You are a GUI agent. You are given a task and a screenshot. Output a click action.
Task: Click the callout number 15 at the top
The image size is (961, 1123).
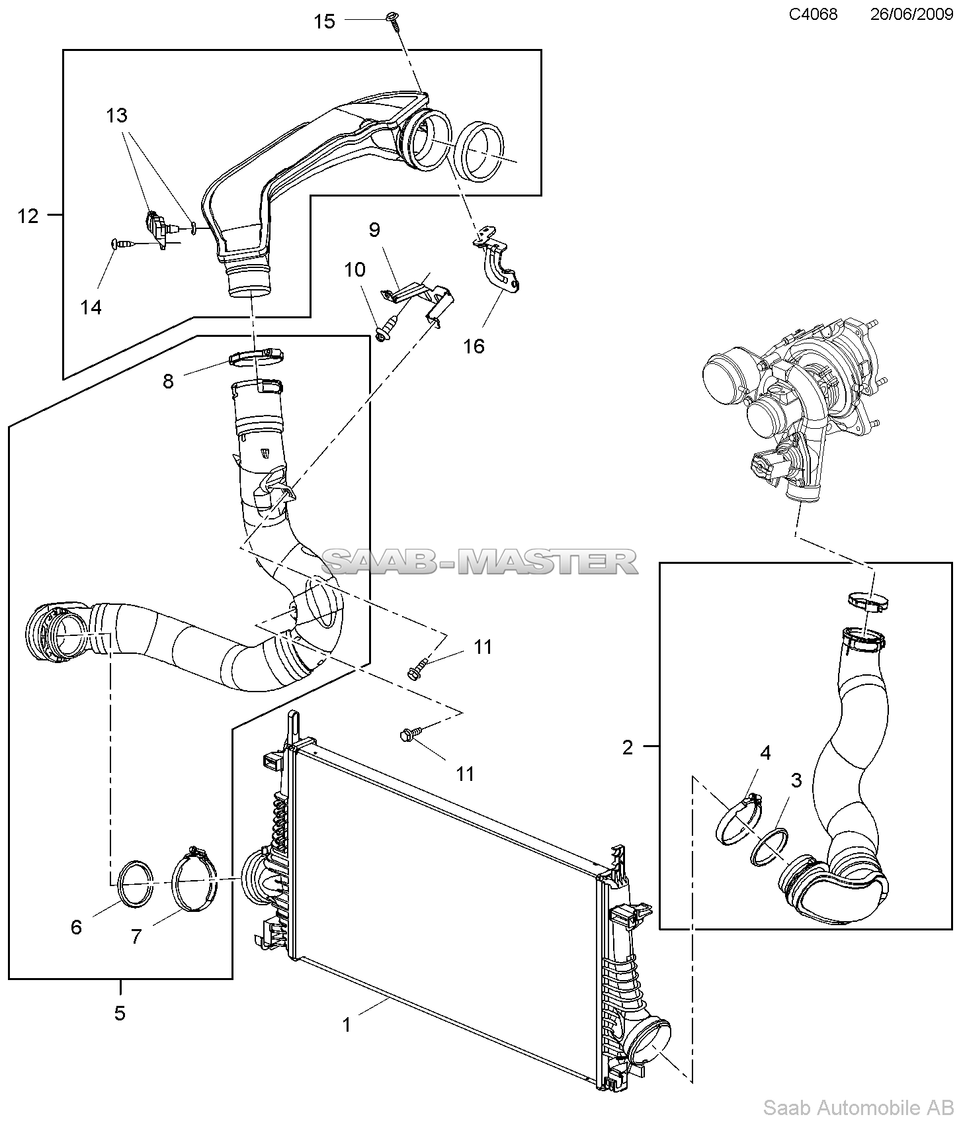[324, 22]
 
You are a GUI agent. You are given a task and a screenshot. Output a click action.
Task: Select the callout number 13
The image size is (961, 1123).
[116, 116]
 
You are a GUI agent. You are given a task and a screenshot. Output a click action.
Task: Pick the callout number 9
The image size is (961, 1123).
[374, 230]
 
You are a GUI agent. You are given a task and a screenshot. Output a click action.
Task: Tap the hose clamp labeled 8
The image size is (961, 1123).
[257, 358]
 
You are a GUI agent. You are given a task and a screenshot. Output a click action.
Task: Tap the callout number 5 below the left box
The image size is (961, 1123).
[120, 1013]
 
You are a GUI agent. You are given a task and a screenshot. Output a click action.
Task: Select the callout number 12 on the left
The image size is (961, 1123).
[28, 216]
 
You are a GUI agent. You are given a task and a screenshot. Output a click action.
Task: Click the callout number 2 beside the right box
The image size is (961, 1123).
[628, 747]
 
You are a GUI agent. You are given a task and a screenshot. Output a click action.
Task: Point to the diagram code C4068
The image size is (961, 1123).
[813, 14]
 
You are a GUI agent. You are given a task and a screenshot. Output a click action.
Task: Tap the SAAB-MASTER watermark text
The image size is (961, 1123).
[480, 562]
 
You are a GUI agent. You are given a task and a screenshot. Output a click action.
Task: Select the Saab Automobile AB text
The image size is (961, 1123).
[858, 1107]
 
